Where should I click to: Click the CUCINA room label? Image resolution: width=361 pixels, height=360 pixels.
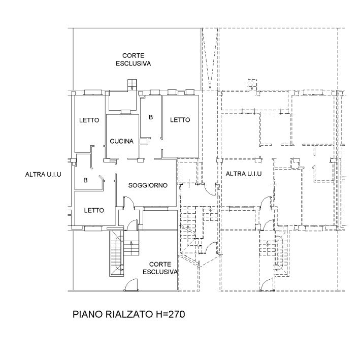122,142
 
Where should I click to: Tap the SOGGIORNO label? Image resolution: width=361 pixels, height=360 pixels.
148,186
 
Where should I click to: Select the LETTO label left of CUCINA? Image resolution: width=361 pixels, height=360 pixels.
89,121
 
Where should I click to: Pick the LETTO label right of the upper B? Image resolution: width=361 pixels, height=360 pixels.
180,120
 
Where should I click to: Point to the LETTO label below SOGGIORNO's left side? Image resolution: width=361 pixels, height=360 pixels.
94,210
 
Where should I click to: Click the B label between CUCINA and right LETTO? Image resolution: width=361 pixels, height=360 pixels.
150,118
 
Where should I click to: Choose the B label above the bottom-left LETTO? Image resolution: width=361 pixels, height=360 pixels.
85,180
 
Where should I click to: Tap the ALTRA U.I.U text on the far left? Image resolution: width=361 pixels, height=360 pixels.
43,175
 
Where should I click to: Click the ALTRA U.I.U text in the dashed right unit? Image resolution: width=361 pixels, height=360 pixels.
243,174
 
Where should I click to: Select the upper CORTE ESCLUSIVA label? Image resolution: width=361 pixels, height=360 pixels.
134,59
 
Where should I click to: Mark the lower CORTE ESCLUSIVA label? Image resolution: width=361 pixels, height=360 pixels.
159,268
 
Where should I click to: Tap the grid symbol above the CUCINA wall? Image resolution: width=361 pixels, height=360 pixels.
133,84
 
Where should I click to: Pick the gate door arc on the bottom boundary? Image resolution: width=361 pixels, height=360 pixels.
131,286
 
